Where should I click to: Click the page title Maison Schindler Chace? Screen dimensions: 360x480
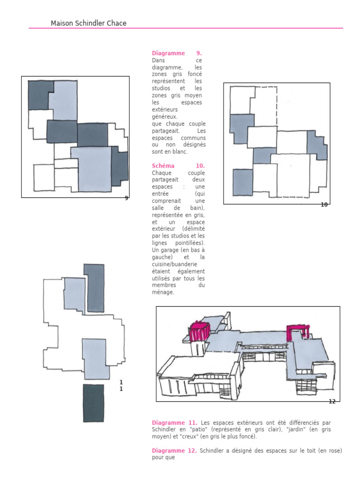pos(89,23)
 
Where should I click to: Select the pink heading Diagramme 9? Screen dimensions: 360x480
pos(177,53)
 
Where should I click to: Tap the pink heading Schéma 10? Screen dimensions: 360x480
pos(178,165)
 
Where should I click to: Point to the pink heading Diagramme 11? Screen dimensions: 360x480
pos(174,423)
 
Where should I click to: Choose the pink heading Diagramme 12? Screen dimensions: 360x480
pos(174,450)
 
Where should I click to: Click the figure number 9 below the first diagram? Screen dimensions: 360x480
pos(127,198)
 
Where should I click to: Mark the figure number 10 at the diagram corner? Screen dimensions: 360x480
pos(324,204)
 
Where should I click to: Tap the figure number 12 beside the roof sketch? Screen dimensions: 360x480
pos(332,401)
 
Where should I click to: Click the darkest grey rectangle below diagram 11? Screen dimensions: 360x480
pos(93,403)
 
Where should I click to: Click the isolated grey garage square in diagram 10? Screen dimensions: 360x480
pos(243,182)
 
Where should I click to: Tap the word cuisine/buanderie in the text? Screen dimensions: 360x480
pos(174,264)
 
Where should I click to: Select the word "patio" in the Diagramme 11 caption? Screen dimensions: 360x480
pos(199,429)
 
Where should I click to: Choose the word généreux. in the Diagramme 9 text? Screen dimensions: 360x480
pos(165,117)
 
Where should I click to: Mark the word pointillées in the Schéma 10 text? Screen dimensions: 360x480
pos(190,243)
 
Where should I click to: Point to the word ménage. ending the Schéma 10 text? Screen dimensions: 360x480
pos(163,292)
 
